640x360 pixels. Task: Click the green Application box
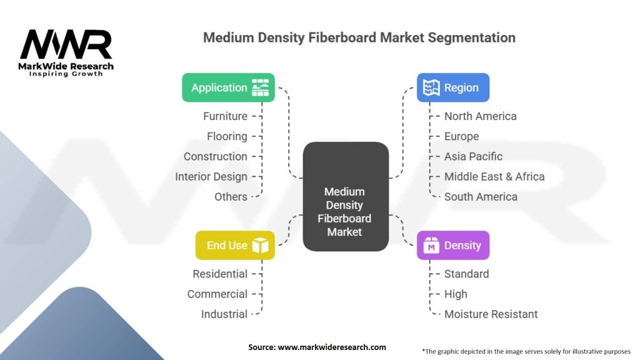point(228,87)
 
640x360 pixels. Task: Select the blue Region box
point(453,87)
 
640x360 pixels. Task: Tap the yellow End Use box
point(235,245)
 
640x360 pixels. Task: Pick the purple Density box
point(453,245)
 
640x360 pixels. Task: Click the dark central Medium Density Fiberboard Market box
point(346,196)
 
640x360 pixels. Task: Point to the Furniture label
point(225,116)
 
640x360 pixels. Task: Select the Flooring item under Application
point(227,136)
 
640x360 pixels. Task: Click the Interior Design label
point(211,177)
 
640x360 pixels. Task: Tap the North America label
point(481,116)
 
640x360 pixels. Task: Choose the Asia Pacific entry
point(474,156)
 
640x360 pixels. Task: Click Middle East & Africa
point(494,177)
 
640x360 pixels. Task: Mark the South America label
point(481,197)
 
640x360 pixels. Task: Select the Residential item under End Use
point(220,274)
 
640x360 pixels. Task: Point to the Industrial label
point(224,314)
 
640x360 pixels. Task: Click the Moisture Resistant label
point(491,314)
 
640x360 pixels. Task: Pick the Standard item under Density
point(466,274)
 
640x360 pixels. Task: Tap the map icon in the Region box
point(431,87)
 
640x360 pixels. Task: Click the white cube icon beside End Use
point(261,245)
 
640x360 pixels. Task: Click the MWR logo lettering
point(66,44)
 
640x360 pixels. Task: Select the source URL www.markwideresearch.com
point(332,347)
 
